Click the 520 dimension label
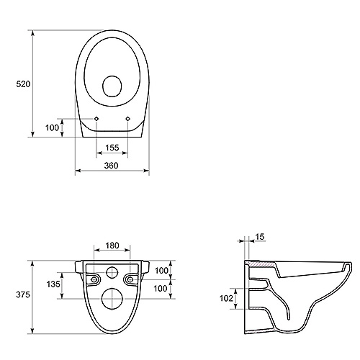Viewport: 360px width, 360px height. coord(23,84)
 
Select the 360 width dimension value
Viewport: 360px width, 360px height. coord(111,166)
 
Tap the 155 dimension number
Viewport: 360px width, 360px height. coord(112,148)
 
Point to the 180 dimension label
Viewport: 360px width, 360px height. coord(112,246)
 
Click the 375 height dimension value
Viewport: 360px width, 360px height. coord(23,294)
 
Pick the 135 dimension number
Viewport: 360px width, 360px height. coord(53,284)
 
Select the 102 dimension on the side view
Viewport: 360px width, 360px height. coord(226,298)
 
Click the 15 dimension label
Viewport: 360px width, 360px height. coord(260,237)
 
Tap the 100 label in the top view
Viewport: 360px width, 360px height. coord(52,127)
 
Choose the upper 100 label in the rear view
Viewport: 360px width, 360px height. coord(161,271)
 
